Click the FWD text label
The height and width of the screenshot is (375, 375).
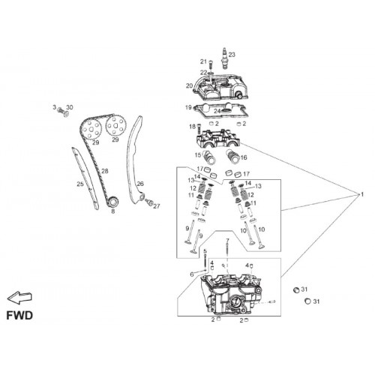click(19, 316)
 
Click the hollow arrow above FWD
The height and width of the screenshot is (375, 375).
click(19, 298)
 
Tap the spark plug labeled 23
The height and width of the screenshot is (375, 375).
click(226, 58)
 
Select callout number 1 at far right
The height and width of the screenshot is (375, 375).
click(362, 194)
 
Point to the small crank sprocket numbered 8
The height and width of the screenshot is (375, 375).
click(113, 202)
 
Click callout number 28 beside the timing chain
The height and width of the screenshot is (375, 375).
click(105, 171)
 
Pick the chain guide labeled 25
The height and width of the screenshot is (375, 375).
click(85, 178)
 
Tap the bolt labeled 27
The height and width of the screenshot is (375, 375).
click(149, 202)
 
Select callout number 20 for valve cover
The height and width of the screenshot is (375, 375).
click(189, 85)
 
